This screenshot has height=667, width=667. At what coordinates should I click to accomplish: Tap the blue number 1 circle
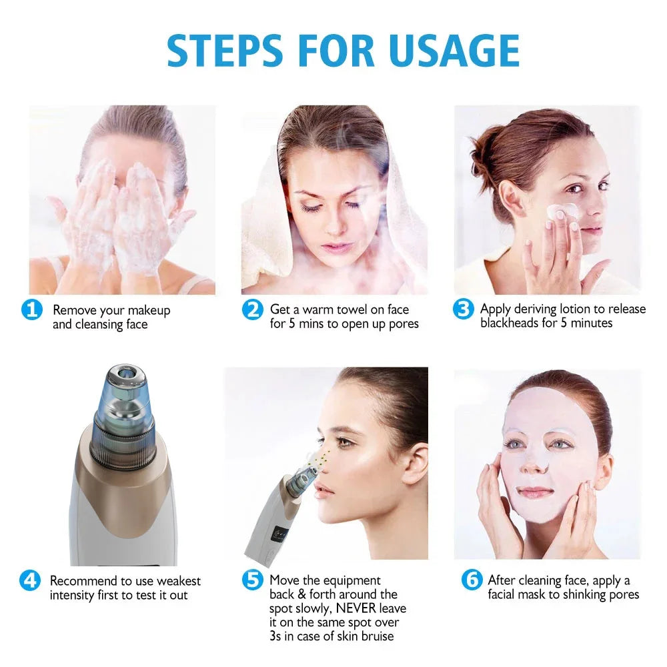(31, 310)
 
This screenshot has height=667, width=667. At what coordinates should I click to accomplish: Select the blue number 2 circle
(252, 310)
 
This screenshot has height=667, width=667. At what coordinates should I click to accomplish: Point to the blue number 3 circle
(463, 309)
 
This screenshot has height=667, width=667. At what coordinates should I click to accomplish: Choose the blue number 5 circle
(252, 580)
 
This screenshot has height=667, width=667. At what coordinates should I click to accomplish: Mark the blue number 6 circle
(472, 580)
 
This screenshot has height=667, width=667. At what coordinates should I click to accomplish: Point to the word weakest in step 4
(178, 581)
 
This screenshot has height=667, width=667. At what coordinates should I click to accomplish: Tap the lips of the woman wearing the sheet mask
(536, 492)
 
